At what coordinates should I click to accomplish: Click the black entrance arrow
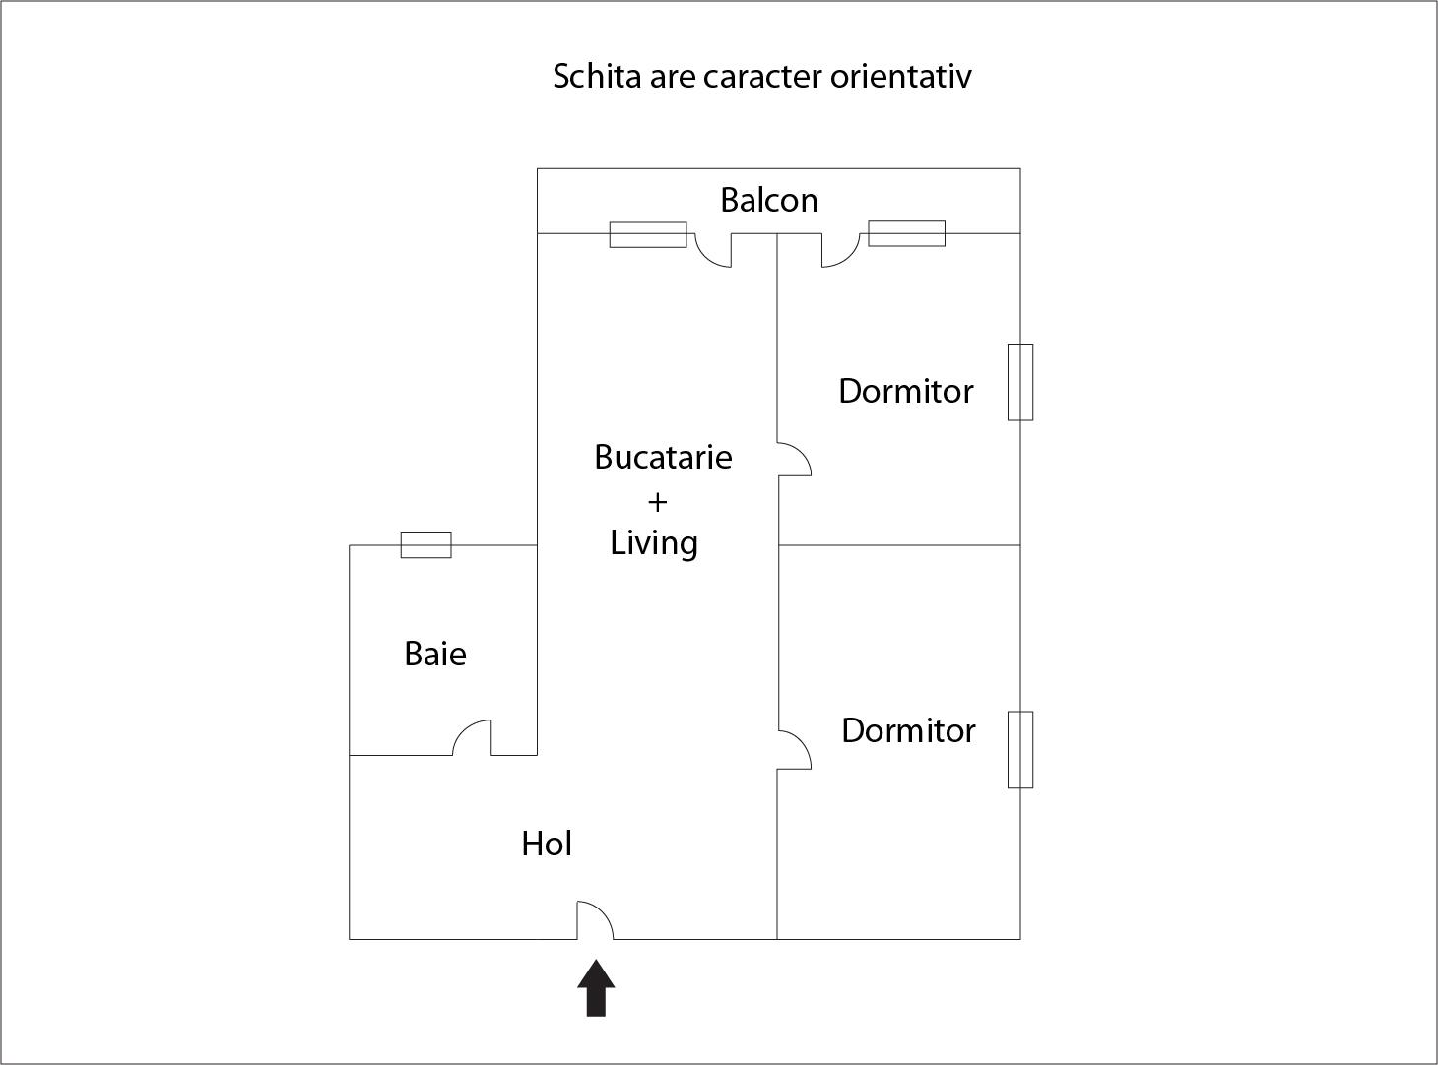596,988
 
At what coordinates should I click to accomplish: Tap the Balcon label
769,200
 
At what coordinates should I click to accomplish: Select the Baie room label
435,654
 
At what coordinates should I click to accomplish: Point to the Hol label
547,844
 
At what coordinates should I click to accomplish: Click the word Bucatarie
663,457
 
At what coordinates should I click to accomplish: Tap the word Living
654,544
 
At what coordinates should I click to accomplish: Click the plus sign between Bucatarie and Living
657,502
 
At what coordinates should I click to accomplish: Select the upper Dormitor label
906,391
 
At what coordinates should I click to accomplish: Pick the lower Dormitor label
908,730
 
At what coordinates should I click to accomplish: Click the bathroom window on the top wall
425,545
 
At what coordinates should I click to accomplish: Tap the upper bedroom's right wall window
1020,382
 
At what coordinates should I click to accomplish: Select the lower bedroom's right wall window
1020,750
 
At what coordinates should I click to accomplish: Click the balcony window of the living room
648,234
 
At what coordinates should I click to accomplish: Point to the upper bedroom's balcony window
906,233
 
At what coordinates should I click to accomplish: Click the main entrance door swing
595,919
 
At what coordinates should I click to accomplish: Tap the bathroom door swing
472,737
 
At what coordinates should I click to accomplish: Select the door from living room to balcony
713,250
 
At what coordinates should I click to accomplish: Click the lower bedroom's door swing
794,750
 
